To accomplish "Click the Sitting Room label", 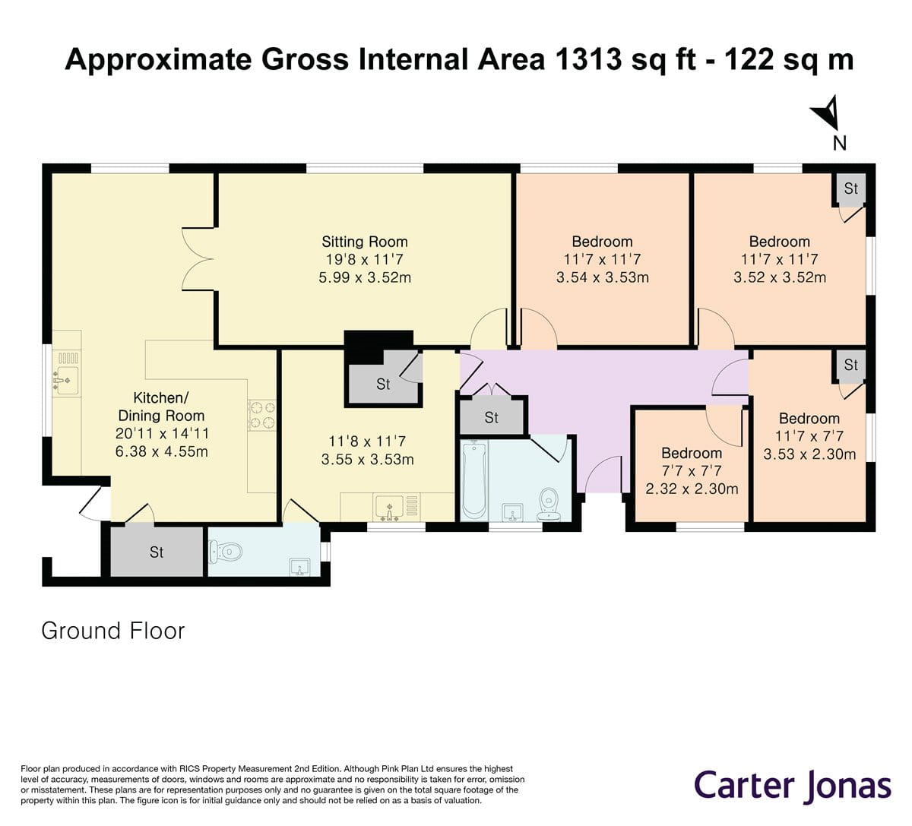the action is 365,242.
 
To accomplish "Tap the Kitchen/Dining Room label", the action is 161,407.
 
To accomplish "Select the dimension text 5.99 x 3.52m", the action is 365,277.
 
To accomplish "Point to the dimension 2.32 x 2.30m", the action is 692,489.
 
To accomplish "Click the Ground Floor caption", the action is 113,631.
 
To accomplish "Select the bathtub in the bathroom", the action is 474,480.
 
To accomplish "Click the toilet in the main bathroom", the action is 549,505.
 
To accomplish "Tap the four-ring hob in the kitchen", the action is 262,415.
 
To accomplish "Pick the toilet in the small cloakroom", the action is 226,552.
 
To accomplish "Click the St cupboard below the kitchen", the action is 157,552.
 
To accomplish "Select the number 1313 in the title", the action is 589,59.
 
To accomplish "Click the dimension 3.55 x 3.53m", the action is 367,460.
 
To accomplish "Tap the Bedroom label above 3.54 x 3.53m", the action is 602,242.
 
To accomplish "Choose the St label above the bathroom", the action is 492,417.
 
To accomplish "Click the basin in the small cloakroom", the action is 299,567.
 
